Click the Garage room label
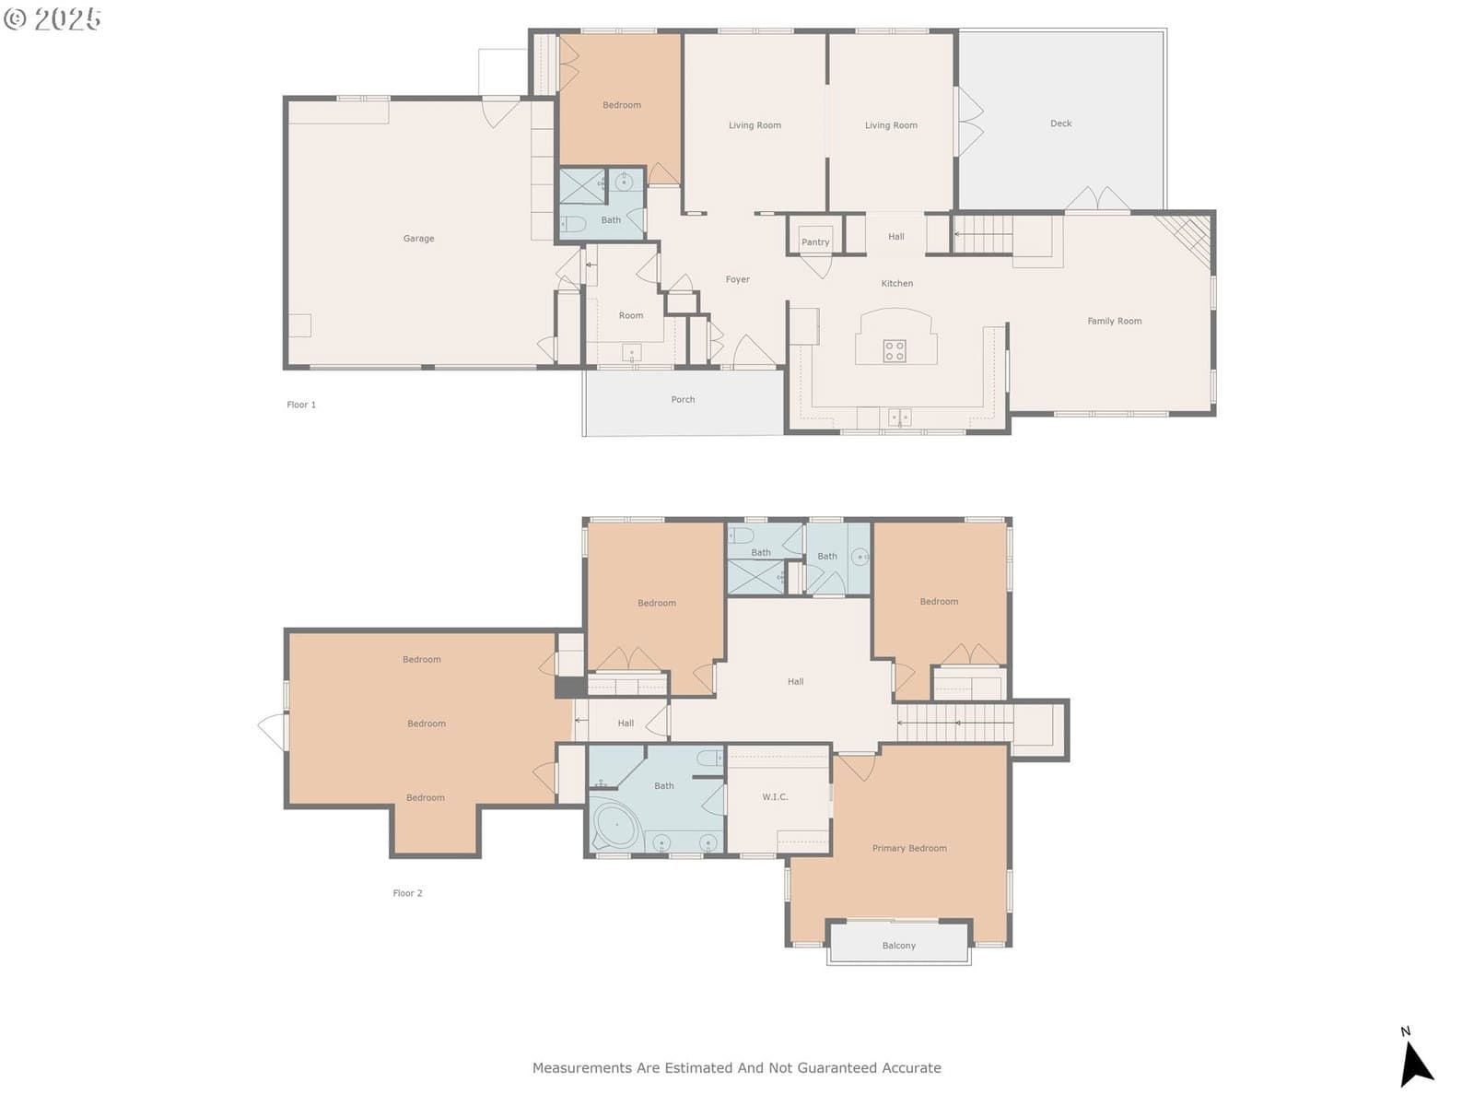pyautogui.click(x=418, y=239)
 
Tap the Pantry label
pyautogui.click(x=815, y=241)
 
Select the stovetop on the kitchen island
pyautogui.click(x=894, y=350)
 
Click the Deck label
pyautogui.click(x=1060, y=123)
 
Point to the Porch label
pyautogui.click(x=683, y=399)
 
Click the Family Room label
pyautogui.click(x=1114, y=321)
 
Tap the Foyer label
pyautogui.click(x=737, y=279)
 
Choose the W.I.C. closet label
pyautogui.click(x=774, y=796)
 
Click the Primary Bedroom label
pyautogui.click(x=909, y=848)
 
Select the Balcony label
pyautogui.click(x=898, y=946)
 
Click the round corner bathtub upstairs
pyautogui.click(x=616, y=824)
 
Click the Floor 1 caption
pyautogui.click(x=301, y=405)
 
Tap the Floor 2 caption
pyautogui.click(x=407, y=893)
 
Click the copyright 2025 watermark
pyautogui.click(x=53, y=18)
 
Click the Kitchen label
pyautogui.click(x=896, y=283)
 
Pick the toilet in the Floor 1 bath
pyautogui.click(x=572, y=224)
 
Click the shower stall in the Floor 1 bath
pyautogui.click(x=582, y=186)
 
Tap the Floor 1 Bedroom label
pyautogui.click(x=621, y=105)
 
